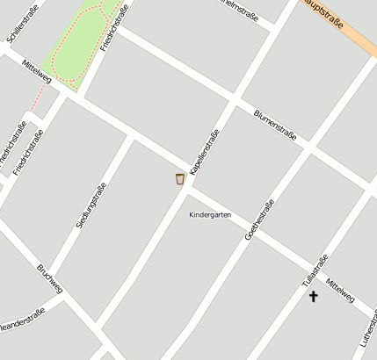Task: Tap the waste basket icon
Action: pyautogui.click(x=180, y=179)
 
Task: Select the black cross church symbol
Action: pyautogui.click(x=313, y=297)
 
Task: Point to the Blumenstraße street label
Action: pyautogui.click(x=274, y=126)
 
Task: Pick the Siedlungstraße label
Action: pyautogui.click(x=91, y=205)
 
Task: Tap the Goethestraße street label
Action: pyautogui.click(x=259, y=220)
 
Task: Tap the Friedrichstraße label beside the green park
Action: pyautogui.click(x=114, y=26)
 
